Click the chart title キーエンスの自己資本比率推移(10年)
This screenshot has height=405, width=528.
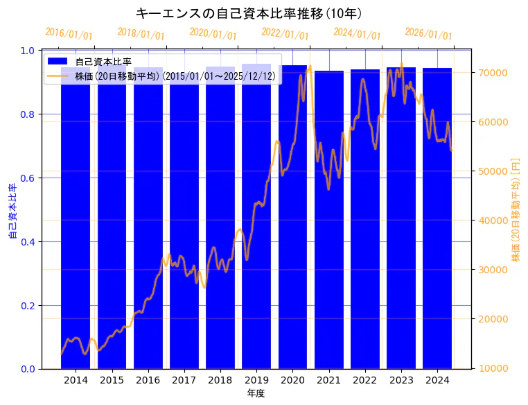[248, 13]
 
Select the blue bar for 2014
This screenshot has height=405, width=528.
[76, 222]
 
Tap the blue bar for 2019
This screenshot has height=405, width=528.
[256, 222]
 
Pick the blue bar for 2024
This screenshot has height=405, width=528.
[437, 222]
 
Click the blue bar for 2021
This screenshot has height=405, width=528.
[328, 222]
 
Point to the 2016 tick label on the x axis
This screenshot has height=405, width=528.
[148, 380]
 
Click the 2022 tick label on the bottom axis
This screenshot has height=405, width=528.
[364, 380]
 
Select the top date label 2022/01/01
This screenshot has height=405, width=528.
[285, 35]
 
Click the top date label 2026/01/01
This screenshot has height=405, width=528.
[428, 35]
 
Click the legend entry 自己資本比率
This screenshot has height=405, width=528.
[103, 62]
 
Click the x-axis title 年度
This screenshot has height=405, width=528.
[256, 393]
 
